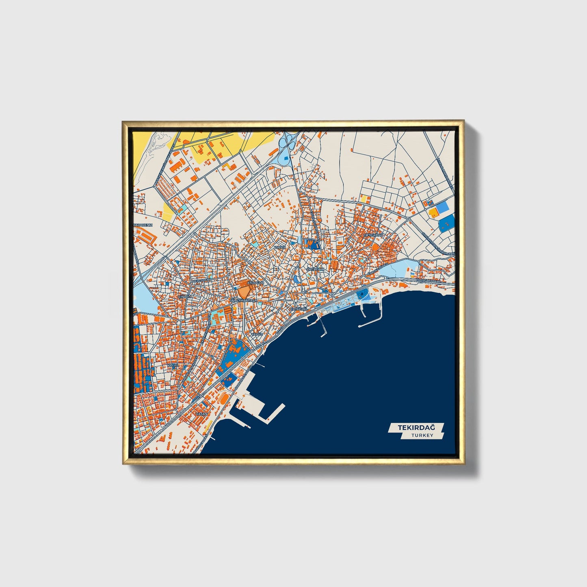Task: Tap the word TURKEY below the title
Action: [x=422, y=435]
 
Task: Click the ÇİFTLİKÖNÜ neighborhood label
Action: [x=373, y=235]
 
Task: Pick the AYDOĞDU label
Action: [x=256, y=282]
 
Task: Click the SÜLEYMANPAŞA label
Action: [x=244, y=300]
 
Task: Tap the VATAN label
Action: [x=201, y=414]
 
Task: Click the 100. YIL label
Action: [x=172, y=366]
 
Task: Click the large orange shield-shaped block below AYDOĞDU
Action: [x=244, y=291]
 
